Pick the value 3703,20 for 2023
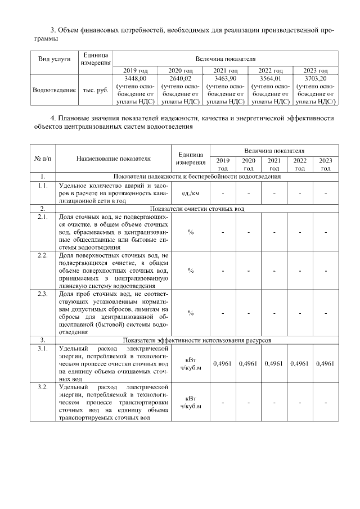tap(316, 79)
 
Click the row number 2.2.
tap(42, 255)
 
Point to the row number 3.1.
tap(42, 349)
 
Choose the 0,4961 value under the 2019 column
tap(223, 364)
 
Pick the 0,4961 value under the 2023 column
tap(326, 364)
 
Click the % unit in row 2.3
tap(191, 313)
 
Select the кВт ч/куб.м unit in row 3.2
tap(191, 402)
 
